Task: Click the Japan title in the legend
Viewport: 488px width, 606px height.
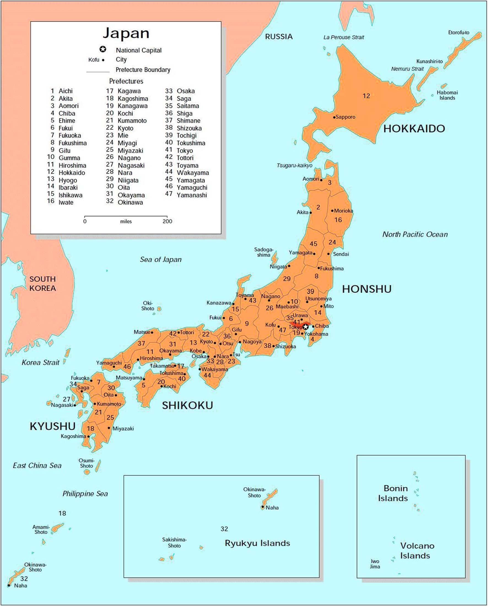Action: click(x=126, y=33)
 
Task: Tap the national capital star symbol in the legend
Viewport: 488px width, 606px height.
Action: click(x=103, y=50)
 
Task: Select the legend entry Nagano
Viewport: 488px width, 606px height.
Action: click(x=129, y=158)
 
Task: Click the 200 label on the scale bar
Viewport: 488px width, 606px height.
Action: click(x=167, y=221)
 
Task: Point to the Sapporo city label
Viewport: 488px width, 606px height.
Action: click(x=345, y=117)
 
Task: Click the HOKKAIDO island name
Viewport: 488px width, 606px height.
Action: click(x=414, y=129)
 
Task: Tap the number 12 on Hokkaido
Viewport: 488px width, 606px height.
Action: click(x=366, y=96)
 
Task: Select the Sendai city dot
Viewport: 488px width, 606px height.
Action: click(x=328, y=254)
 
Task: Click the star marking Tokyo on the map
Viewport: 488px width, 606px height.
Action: click(x=306, y=327)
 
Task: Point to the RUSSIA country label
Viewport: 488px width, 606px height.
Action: click(x=279, y=37)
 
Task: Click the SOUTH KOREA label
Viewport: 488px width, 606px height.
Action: click(x=42, y=284)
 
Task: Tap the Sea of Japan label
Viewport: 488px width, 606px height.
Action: click(x=161, y=259)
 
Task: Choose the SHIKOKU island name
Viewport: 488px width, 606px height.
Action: click(x=187, y=405)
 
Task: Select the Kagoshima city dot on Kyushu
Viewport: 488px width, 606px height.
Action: click(x=88, y=437)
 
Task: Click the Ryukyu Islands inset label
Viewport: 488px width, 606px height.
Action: click(x=257, y=543)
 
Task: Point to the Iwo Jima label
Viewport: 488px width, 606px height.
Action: click(x=375, y=564)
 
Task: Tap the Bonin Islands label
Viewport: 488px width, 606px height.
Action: click(x=393, y=493)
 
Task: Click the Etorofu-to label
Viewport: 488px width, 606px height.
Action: click(x=459, y=33)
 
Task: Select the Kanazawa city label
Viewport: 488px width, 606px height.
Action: click(x=219, y=303)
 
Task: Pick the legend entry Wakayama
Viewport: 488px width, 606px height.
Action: click(x=193, y=173)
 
